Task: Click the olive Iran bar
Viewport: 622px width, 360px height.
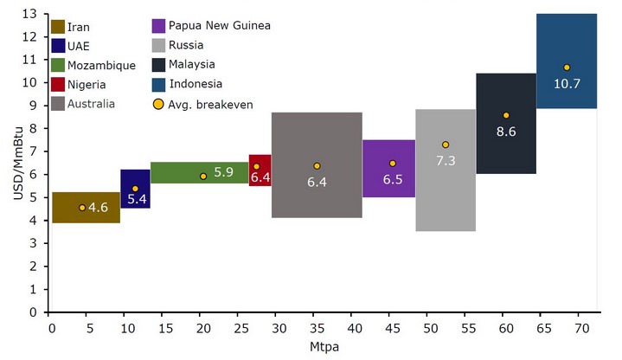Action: [86, 208]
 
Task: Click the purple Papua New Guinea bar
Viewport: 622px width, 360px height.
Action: [388, 168]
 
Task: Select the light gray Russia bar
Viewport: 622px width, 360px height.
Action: [445, 170]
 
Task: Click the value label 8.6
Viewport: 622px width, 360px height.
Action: [505, 132]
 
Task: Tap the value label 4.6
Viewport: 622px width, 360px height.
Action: [98, 208]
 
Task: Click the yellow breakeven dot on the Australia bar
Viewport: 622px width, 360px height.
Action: [317, 166]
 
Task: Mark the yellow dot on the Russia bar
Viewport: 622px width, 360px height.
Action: [446, 145]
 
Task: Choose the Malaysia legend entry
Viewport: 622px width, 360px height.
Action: [187, 64]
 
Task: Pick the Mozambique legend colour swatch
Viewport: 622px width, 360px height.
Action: [58, 65]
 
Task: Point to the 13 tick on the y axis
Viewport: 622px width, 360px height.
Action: [35, 14]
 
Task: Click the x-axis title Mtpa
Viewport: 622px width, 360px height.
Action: [324, 346]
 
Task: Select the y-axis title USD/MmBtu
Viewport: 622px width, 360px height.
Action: [16, 163]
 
